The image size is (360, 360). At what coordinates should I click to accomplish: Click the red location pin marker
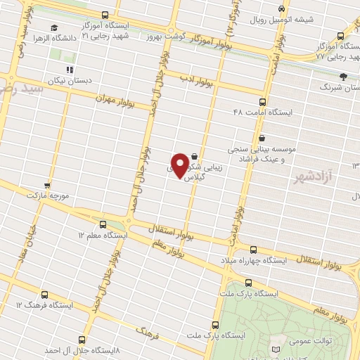pyautogui.click(x=181, y=165)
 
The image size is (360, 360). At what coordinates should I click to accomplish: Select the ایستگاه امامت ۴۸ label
pyautogui.click(x=262, y=111)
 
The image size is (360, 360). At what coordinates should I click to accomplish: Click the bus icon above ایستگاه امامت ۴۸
pyautogui.click(x=262, y=101)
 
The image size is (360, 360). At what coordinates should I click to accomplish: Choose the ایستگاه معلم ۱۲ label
pyautogui.click(x=103, y=234)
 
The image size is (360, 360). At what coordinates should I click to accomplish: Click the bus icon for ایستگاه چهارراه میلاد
pyautogui.click(x=253, y=250)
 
